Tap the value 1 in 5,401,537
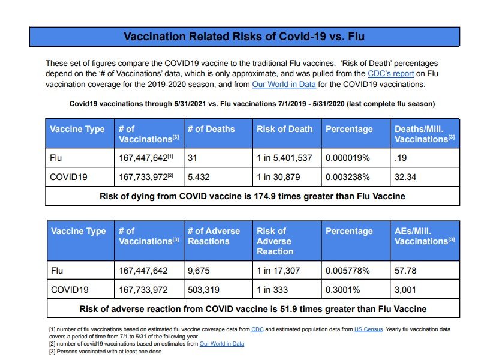coord(284,158)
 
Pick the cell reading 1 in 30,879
coord(278,177)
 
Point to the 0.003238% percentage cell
coord(347,177)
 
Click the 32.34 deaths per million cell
coord(405,177)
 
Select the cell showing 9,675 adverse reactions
coord(199,271)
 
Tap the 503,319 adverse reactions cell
coord(203,290)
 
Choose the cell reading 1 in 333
coord(272,290)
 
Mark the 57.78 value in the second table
coord(405,271)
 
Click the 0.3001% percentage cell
coord(342,290)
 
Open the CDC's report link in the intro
coord(390,74)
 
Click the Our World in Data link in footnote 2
coord(222,344)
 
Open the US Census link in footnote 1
coord(369,329)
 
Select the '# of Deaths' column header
coord(211,129)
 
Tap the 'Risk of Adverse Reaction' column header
coord(275,241)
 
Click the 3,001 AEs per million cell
coord(405,290)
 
